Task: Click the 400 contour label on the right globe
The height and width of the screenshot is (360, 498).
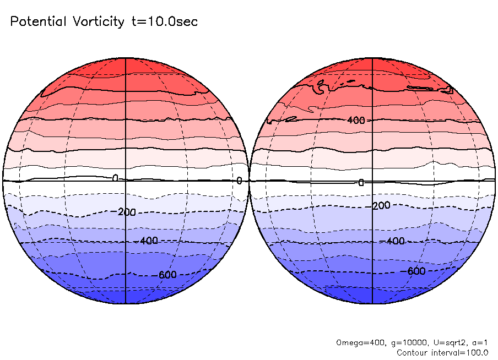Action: click(x=356, y=120)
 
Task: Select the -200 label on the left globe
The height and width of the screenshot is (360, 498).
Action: click(x=126, y=212)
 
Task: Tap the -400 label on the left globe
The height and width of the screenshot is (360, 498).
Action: click(x=148, y=241)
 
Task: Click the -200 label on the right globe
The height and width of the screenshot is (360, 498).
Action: click(x=380, y=205)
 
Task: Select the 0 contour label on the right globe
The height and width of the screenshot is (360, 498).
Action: click(x=361, y=183)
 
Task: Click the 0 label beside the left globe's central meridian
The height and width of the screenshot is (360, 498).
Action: click(x=115, y=178)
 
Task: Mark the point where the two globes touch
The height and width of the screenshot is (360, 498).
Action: click(x=249, y=181)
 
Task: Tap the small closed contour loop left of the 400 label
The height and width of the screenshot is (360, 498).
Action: click(x=291, y=118)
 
